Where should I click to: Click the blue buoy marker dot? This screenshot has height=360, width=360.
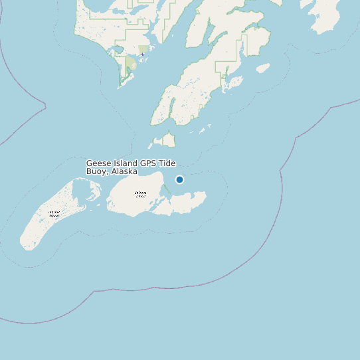click(x=179, y=179)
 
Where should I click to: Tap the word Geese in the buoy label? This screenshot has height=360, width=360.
click(x=97, y=163)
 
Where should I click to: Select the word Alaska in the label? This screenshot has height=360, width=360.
click(x=124, y=171)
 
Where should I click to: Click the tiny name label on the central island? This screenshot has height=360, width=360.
click(x=140, y=195)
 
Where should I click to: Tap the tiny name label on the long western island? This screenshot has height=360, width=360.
click(x=54, y=214)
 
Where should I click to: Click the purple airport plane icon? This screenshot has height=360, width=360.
click(x=142, y=54)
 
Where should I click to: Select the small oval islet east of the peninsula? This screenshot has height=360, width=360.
click(x=263, y=68)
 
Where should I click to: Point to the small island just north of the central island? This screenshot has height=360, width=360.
click(x=166, y=139)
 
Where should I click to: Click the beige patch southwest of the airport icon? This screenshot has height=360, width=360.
click(x=132, y=64)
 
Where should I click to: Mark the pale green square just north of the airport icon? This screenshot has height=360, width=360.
click(x=144, y=49)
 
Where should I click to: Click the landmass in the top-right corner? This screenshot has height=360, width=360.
click(x=325, y=15)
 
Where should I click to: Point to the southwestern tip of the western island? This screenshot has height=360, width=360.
click(x=27, y=247)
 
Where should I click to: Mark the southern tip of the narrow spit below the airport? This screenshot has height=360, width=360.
click(x=120, y=86)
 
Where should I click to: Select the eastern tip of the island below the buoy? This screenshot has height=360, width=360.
click(x=205, y=195)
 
